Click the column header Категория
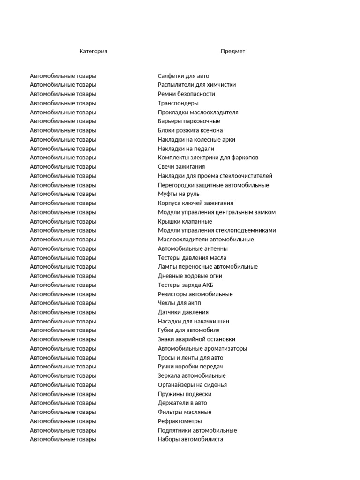93,52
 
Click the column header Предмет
233,52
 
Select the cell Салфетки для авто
183,76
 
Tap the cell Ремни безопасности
186,94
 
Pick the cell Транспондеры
178,103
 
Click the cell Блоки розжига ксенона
190,130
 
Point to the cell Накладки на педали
186,149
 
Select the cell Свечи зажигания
181,167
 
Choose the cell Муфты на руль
179,194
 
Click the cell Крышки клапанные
185,221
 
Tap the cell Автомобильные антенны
193,248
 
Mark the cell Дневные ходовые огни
190,276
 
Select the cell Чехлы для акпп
180,303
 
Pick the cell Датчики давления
183,312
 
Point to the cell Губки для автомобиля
188,330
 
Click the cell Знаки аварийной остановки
196,339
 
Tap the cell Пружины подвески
184,394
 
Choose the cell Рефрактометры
180,421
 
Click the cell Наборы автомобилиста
190,440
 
